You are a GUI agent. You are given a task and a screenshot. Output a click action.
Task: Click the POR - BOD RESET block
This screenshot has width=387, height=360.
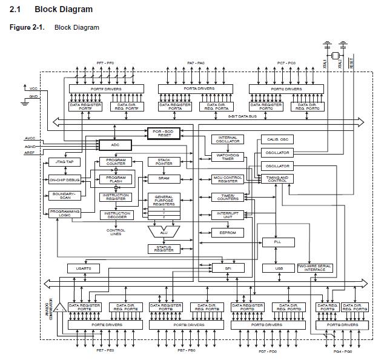click(164, 133)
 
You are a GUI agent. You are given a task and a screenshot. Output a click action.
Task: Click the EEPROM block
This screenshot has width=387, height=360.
click(227, 232)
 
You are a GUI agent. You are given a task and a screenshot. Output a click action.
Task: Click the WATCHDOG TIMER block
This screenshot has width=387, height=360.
click(227, 156)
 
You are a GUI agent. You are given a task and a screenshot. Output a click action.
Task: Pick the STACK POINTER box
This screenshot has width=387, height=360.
click(164, 162)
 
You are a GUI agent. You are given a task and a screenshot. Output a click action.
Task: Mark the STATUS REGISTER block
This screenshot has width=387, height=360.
click(164, 248)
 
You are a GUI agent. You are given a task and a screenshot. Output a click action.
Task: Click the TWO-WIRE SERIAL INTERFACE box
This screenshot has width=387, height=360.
click(315, 268)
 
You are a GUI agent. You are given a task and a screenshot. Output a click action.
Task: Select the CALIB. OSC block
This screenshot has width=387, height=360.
click(275, 139)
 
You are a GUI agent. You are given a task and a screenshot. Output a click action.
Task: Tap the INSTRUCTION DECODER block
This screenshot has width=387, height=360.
click(116, 215)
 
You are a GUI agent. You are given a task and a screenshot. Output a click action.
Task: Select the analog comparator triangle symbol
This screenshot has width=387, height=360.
click(61, 313)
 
